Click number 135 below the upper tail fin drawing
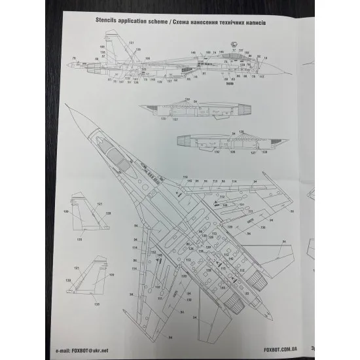79,240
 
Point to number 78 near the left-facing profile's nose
74,59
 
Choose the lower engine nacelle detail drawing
216,141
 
